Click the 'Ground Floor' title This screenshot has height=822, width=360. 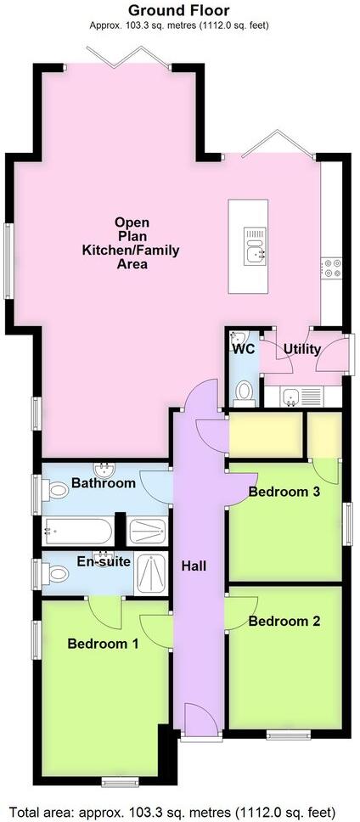click(x=180, y=10)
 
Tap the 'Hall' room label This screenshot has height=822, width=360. click(x=193, y=565)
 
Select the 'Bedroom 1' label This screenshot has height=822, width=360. click(x=104, y=644)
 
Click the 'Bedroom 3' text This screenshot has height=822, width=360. click(x=284, y=492)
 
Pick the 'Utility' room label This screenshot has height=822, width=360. click(x=301, y=349)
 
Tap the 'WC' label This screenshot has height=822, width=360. click(x=243, y=348)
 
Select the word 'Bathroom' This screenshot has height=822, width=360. click(x=103, y=483)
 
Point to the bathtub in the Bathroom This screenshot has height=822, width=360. click(x=78, y=531)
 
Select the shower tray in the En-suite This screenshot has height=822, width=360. click(x=154, y=572)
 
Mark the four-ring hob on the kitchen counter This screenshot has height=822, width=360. click(x=331, y=268)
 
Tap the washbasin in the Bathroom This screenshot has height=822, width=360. click(x=104, y=468)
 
